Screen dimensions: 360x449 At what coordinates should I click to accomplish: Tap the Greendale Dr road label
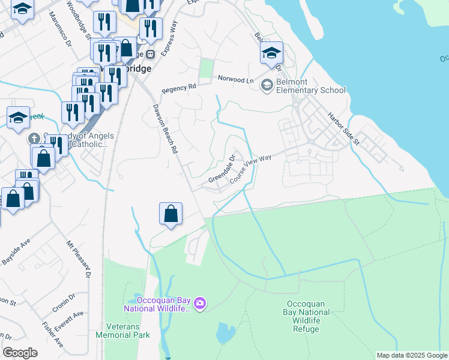pyautogui.click(x=222, y=169)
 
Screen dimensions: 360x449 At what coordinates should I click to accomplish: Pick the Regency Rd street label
pyautogui.click(x=179, y=88)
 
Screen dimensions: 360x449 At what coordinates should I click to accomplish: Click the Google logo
pyautogui.click(x=20, y=352)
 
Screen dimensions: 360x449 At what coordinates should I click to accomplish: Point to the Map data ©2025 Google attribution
pyautogui.click(x=412, y=355)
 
